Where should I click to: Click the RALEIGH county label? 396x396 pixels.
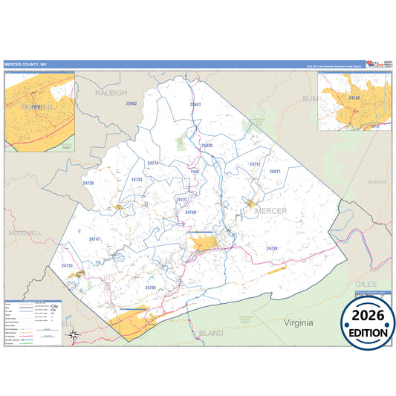112,93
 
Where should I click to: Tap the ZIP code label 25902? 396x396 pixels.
132,103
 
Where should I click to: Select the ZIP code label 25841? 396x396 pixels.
195,105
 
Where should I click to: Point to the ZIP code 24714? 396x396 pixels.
153,162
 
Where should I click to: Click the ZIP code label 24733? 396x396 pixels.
137,179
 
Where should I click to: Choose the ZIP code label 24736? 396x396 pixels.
88,182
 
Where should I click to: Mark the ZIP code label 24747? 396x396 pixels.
94,238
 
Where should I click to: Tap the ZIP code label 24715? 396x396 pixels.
68,265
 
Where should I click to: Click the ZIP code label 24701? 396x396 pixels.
151,287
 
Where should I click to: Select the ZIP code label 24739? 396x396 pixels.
271,247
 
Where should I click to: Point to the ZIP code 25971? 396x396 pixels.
275,171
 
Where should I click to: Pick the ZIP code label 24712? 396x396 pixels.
255,163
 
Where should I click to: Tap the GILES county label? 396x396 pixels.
365,285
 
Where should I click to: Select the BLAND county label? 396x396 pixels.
211,334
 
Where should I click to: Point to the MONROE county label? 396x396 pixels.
377,181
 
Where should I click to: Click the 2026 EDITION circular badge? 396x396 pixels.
368,323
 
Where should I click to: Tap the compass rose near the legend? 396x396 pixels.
73,334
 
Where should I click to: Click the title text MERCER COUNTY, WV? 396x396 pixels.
26,65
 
